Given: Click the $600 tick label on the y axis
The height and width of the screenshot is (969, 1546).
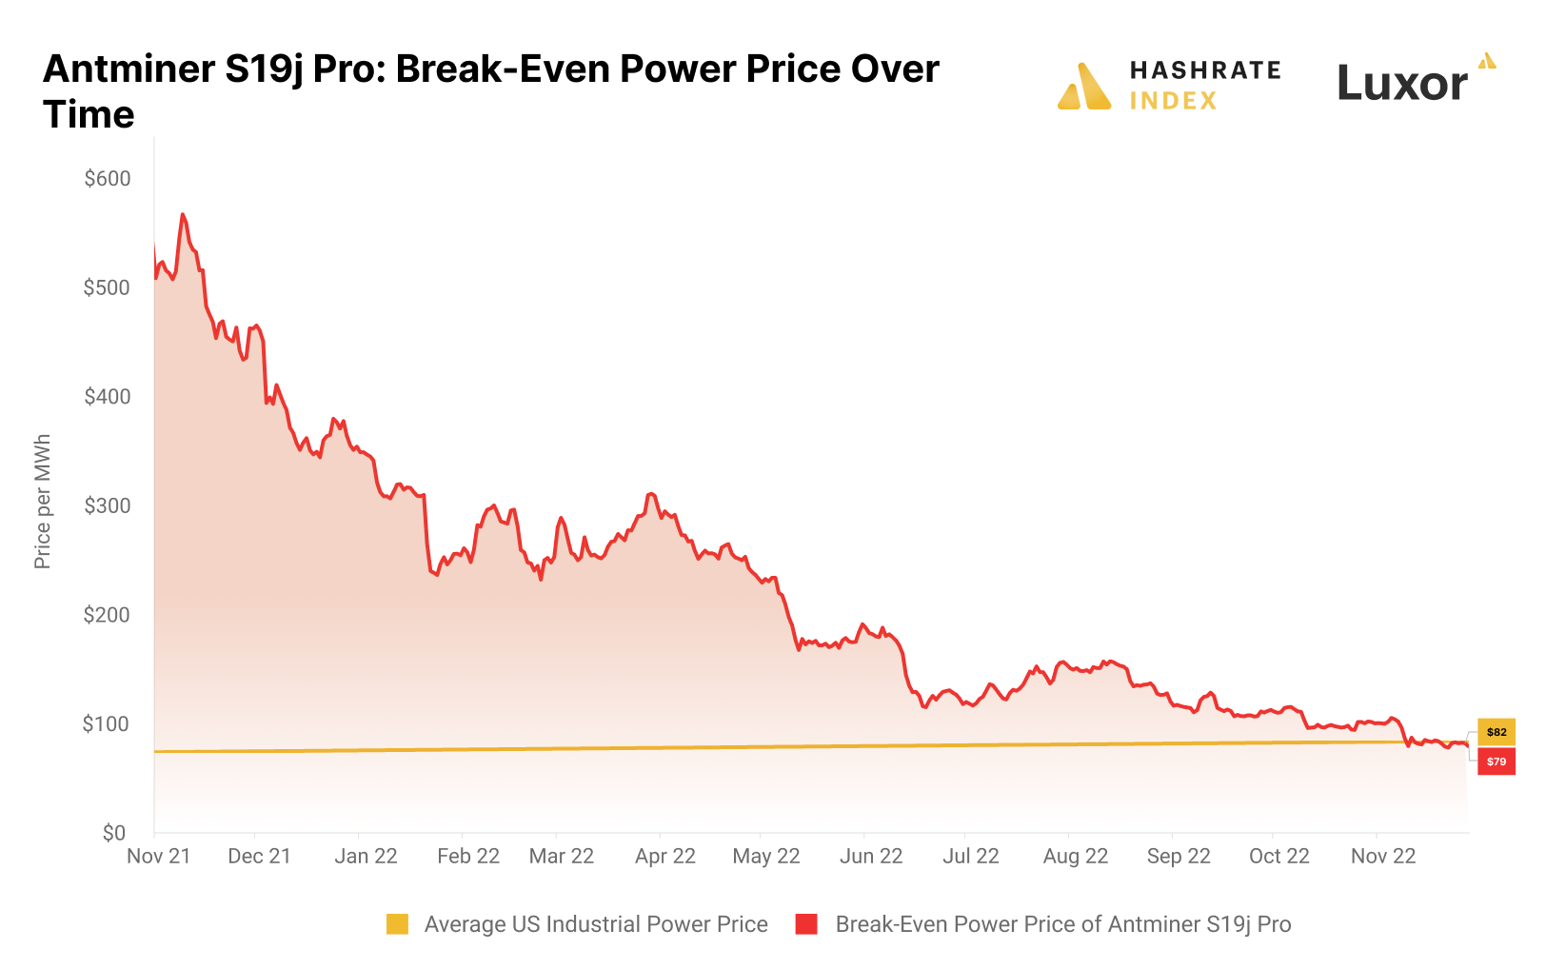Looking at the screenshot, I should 107,179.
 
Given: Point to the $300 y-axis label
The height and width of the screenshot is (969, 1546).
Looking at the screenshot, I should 107,505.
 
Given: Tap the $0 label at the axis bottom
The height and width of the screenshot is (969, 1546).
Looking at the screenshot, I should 114,834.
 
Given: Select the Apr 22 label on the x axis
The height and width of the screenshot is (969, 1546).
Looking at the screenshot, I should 665,856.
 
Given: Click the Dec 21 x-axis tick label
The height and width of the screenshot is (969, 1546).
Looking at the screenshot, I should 259,856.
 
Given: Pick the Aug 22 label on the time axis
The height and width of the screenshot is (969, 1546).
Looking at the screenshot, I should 1076,856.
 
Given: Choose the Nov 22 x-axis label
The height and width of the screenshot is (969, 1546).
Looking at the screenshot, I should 1383,856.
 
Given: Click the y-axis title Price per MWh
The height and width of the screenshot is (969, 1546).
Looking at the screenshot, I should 42,502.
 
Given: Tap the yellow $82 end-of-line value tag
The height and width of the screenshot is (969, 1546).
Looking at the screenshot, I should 1496,732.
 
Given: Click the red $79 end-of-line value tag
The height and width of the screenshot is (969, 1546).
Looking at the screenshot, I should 1496,761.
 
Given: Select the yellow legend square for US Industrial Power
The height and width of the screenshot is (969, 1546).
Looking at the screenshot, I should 397,924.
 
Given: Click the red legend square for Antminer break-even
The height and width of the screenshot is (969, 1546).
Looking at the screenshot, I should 806,924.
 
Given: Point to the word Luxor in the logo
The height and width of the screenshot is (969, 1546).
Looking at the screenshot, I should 1402,84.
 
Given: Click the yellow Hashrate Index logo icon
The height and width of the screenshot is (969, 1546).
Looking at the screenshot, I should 1084,87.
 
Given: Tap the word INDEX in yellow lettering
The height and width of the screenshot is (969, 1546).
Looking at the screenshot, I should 1173,101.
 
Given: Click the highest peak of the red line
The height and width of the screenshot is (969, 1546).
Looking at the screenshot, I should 182,215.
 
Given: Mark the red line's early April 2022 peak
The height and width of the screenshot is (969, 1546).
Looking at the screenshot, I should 651,494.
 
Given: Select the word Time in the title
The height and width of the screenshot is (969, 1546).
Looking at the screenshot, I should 89,115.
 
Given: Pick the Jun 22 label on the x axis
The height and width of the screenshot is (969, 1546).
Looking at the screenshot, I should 871,856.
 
